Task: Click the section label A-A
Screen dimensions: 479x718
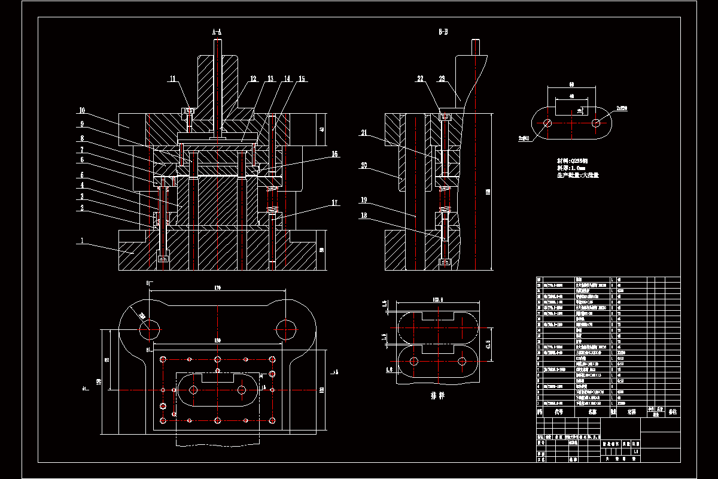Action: click(217, 31)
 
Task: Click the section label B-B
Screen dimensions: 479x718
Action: click(443, 31)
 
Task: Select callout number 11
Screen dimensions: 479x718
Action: click(173, 78)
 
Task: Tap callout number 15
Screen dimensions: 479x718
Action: click(301, 78)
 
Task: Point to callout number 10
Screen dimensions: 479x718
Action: click(82, 110)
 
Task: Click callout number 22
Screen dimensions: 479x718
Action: click(421, 78)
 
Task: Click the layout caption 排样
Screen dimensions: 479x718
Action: click(437, 396)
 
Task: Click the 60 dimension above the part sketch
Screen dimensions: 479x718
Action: click(571, 84)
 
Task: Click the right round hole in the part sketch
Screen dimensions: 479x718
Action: click(596, 123)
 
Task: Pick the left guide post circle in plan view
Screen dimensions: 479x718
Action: click(150, 327)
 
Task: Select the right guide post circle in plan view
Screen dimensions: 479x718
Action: click(286, 327)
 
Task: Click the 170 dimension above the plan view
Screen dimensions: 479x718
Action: click(217, 289)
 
